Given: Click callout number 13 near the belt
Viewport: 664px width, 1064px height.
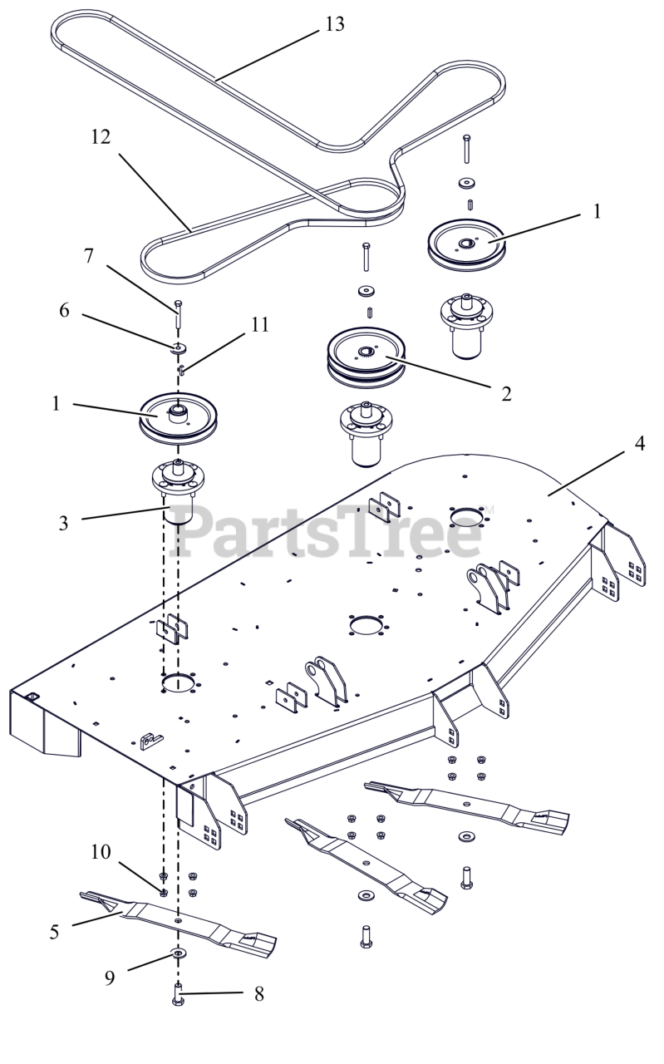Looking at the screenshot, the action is [x=334, y=23].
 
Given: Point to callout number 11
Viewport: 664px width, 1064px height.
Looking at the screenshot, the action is [x=260, y=325].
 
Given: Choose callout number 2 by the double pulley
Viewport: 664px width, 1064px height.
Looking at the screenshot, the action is [x=506, y=393].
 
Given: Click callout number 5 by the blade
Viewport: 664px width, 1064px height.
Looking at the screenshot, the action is [x=55, y=931].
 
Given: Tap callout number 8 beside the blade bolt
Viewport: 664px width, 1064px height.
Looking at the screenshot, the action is [x=259, y=993].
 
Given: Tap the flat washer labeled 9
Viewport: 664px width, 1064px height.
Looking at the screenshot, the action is [x=178, y=953].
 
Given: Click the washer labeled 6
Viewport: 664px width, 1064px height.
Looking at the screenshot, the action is [x=179, y=347].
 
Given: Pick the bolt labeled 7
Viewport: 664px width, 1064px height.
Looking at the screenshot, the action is [x=178, y=314].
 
